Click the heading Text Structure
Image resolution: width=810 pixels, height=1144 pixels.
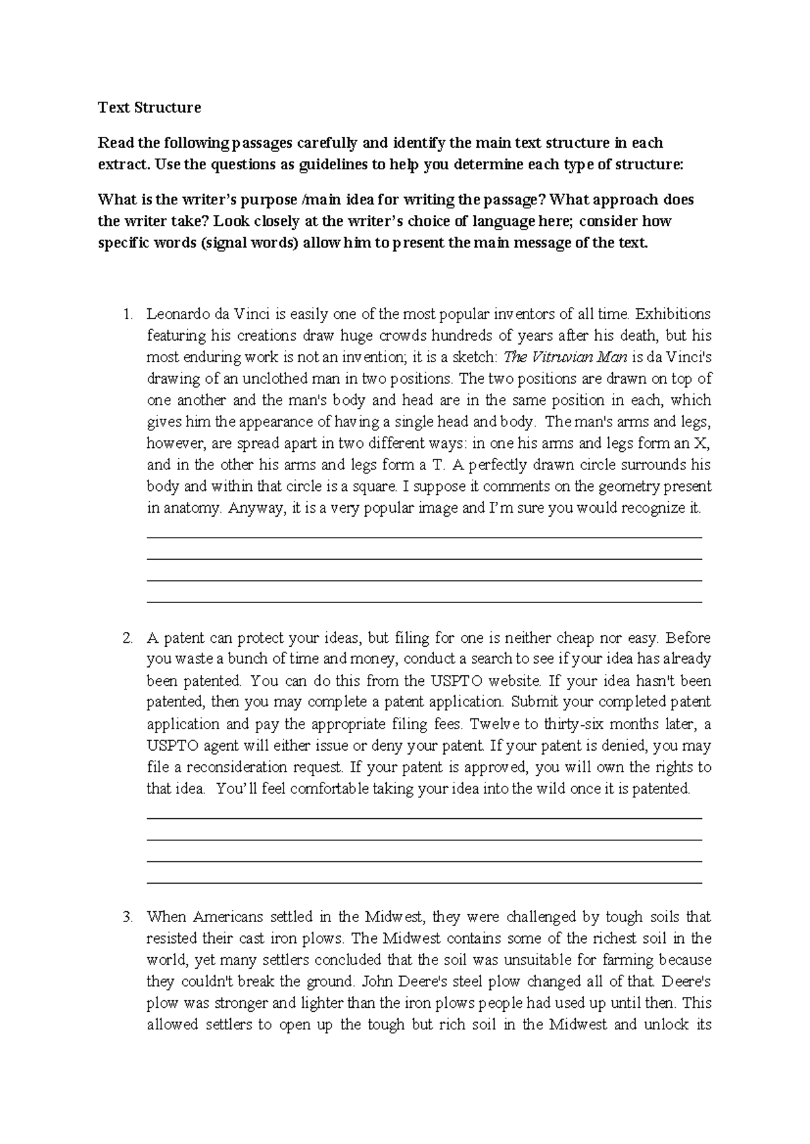149,107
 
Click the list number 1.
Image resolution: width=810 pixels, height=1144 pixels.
126,314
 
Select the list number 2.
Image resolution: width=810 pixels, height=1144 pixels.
126,638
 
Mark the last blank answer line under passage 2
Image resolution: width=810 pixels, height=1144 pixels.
424,882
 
